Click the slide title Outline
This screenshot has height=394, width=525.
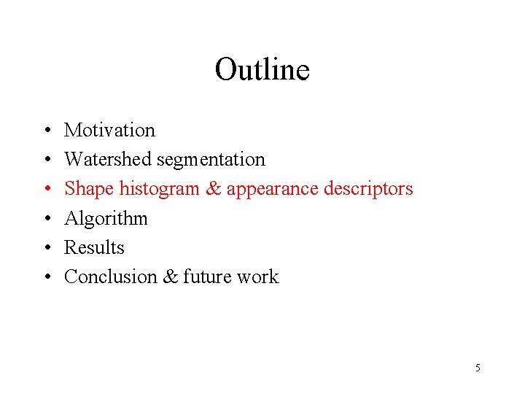click(262, 70)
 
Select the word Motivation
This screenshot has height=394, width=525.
click(109, 130)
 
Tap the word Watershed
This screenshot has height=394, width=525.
click(108, 159)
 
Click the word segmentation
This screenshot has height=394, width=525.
click(211, 159)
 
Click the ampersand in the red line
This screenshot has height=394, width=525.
click(213, 189)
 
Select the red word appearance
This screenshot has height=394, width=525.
click(272, 190)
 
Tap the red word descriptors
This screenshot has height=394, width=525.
click(368, 189)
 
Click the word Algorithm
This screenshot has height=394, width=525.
click(106, 219)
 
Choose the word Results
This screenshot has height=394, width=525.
click(94, 247)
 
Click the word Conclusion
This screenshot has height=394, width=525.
click(112, 277)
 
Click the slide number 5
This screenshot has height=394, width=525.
click(478, 368)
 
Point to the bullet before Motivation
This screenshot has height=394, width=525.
click(46, 131)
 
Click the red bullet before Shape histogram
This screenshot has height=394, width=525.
click(46, 190)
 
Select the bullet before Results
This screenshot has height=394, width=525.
click(46, 248)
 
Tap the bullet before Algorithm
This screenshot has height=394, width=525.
click(46, 219)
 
